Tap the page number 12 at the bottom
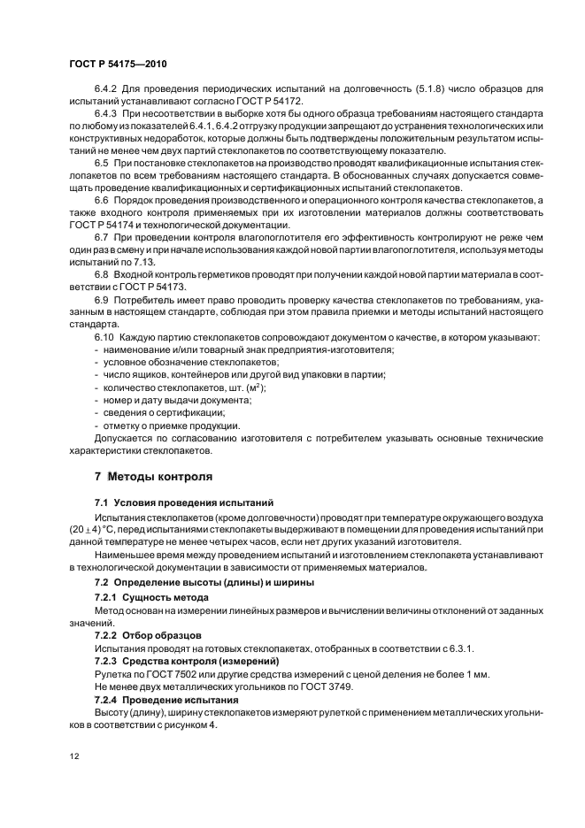point(73,756)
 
